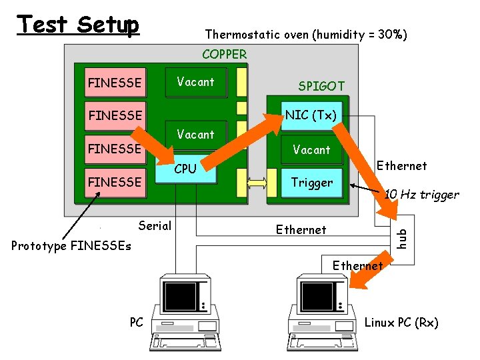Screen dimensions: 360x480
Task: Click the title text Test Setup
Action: (78, 25)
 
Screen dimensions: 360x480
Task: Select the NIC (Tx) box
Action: (311, 115)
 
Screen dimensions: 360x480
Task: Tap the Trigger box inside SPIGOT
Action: (311, 182)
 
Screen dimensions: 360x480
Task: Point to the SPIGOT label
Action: (321, 86)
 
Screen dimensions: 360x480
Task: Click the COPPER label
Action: (224, 54)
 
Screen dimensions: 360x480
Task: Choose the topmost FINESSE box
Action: (115, 83)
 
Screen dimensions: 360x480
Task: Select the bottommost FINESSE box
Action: (115, 182)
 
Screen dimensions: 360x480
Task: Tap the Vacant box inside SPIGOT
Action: (311, 150)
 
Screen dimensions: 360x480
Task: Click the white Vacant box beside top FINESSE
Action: (195, 82)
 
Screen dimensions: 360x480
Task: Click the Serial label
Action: (155, 225)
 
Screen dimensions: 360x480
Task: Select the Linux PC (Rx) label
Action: (401, 323)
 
